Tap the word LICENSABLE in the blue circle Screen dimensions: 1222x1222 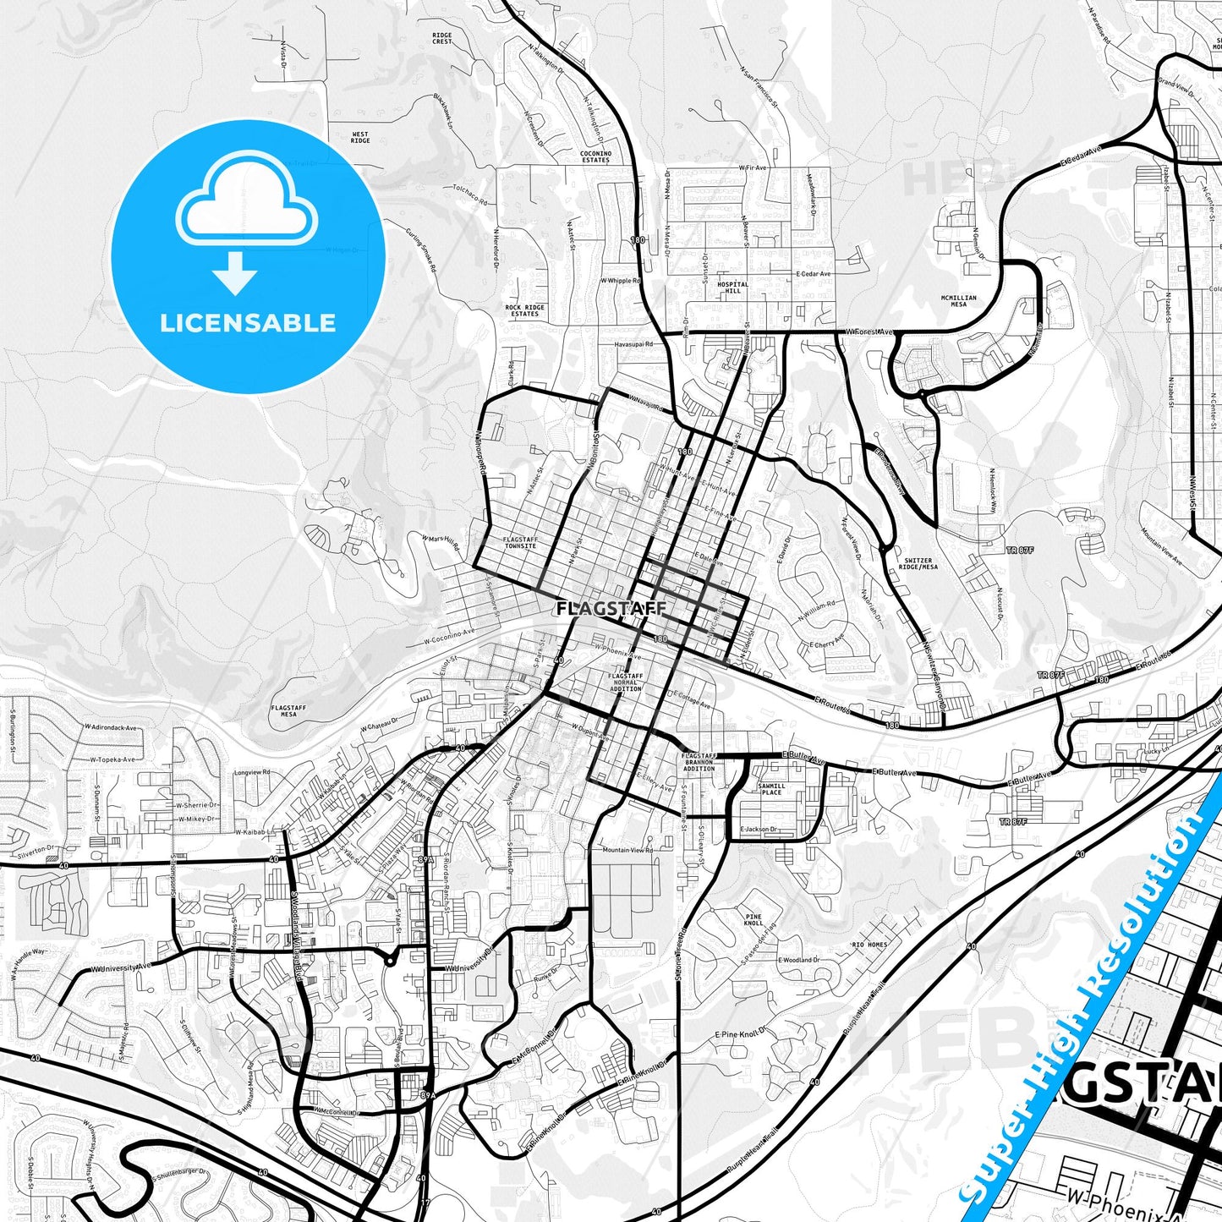pyautogui.click(x=248, y=323)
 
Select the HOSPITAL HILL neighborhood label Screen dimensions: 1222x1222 pyautogui.click(x=732, y=288)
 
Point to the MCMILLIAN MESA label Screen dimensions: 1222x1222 pyautogui.click(x=958, y=301)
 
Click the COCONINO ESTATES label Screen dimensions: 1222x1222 pyautogui.click(x=595, y=156)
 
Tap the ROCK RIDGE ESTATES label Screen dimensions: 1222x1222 pyautogui.click(x=524, y=310)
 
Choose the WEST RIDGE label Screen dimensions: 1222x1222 pyautogui.click(x=359, y=137)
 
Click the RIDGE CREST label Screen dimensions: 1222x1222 pyautogui.click(x=441, y=38)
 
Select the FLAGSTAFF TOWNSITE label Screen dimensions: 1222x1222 pyautogui.click(x=519, y=542)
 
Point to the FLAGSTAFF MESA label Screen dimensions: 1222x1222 pyautogui.click(x=288, y=710)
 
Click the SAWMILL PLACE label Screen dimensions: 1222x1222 pyautogui.click(x=771, y=789)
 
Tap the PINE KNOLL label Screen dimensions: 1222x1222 pyautogui.click(x=753, y=920)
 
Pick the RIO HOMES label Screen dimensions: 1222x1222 pyautogui.click(x=869, y=945)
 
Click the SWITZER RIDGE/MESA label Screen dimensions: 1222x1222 pyautogui.click(x=918, y=563)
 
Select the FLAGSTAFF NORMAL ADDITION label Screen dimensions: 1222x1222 pyautogui.click(x=626, y=682)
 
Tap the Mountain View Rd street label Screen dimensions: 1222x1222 pyautogui.click(x=627, y=850)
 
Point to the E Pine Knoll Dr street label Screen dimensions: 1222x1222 pyautogui.click(x=739, y=1034)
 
